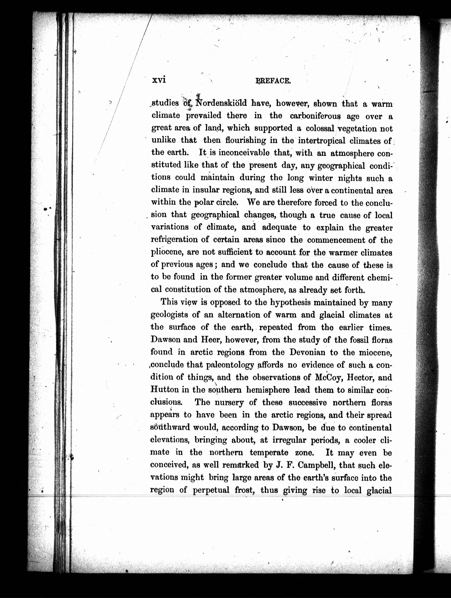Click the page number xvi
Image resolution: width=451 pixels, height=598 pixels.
[159, 80]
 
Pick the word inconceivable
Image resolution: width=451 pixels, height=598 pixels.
[244, 153]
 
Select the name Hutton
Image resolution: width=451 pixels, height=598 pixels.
[164, 390]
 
